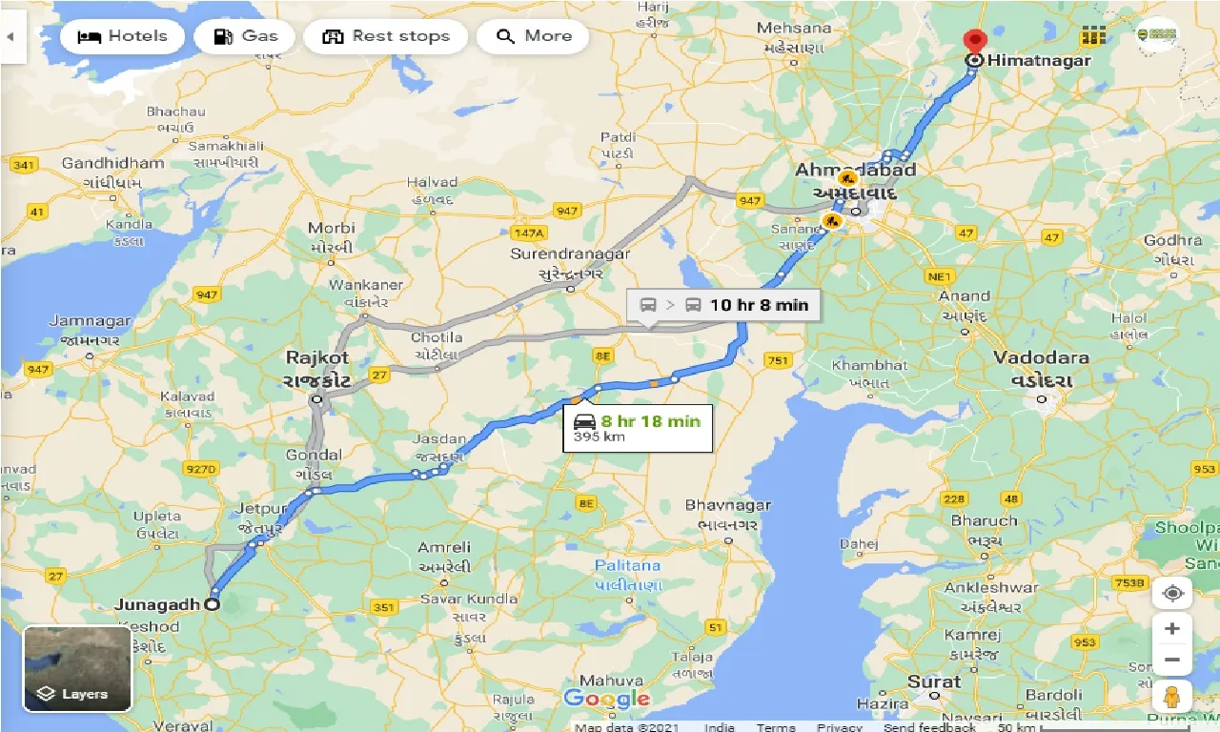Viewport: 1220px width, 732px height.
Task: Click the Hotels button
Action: pyautogui.click(x=121, y=37)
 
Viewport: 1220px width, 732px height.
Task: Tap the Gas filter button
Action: pyautogui.click(x=245, y=37)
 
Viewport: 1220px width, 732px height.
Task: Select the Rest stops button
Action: pyautogui.click(x=385, y=37)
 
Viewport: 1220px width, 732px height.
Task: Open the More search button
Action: pyautogui.click(x=535, y=37)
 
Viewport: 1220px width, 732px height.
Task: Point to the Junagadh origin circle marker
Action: pyautogui.click(x=212, y=603)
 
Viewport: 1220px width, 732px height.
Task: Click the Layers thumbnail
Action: pyautogui.click(x=76, y=667)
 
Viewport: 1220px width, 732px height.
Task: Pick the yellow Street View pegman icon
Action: pyautogui.click(x=1171, y=697)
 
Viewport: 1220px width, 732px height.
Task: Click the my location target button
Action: pyautogui.click(x=1171, y=593)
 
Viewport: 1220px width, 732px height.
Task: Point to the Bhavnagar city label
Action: pyautogui.click(x=727, y=505)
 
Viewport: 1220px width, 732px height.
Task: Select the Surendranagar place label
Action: pyautogui.click(x=570, y=254)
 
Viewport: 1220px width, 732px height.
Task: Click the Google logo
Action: pyautogui.click(x=606, y=699)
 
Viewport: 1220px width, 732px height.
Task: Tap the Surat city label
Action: pyautogui.click(x=934, y=681)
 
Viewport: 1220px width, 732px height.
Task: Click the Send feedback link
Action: pyautogui.click(x=930, y=727)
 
